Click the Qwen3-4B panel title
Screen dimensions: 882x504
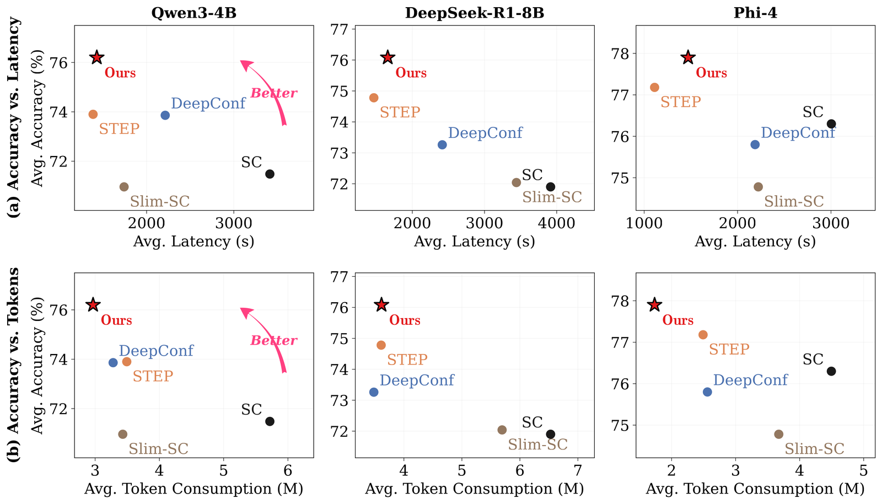(193, 13)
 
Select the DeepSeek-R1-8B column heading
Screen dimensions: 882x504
(475, 13)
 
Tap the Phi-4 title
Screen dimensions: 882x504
(755, 13)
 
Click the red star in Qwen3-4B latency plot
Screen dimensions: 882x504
(97, 57)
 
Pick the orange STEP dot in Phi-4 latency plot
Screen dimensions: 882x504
(654, 88)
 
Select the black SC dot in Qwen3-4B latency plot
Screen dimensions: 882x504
(270, 174)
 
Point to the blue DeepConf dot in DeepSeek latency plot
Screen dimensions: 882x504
(442, 145)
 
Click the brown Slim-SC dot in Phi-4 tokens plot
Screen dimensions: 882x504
(778, 435)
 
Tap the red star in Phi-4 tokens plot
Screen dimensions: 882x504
(654, 305)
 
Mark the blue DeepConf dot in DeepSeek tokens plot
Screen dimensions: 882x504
(374, 392)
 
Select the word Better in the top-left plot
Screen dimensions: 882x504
(273, 93)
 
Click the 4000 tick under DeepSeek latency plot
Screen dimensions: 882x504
(556, 223)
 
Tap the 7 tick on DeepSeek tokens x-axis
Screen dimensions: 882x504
(578, 470)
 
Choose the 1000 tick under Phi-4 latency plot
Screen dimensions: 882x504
(644, 223)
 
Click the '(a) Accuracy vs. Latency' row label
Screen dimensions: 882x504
(13, 117)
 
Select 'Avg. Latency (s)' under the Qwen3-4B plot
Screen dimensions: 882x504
(193, 242)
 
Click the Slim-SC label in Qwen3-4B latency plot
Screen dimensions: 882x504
(160, 202)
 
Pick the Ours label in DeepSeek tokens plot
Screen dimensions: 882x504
(405, 320)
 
